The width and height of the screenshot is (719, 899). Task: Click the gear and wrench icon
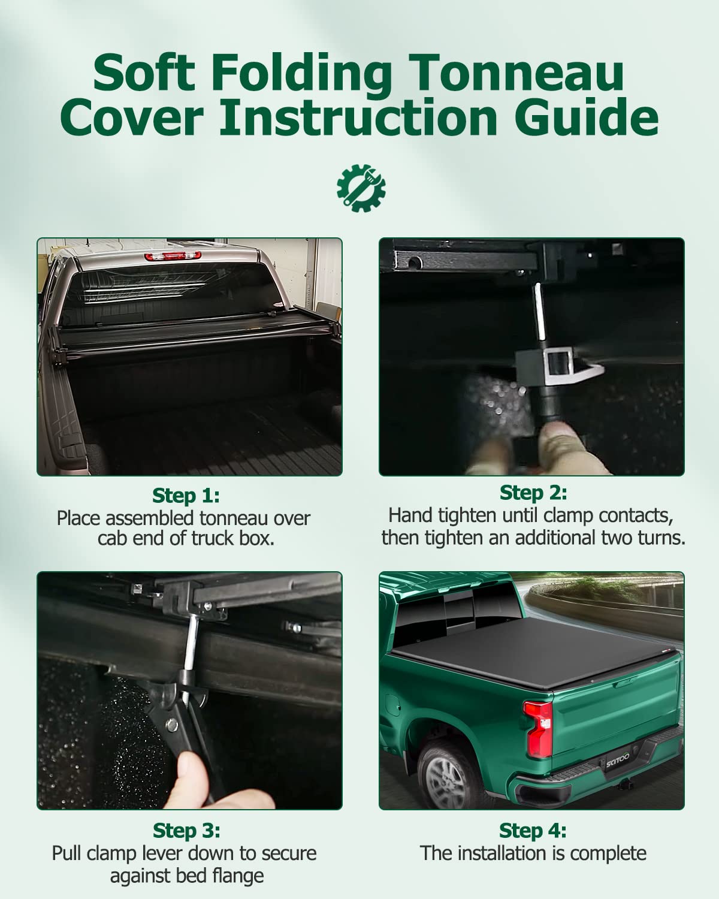(x=361, y=188)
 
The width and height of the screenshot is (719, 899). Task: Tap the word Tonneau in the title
(x=516, y=73)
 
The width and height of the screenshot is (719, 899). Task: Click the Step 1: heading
(x=186, y=496)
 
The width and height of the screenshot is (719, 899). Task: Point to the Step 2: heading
(x=533, y=493)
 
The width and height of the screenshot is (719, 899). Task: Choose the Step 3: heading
(x=186, y=831)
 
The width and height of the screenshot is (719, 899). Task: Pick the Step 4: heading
(x=533, y=831)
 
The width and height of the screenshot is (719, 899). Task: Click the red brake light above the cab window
(x=173, y=256)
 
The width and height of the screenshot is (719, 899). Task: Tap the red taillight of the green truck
(x=539, y=729)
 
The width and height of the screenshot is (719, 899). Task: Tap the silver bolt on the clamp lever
(x=171, y=725)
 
